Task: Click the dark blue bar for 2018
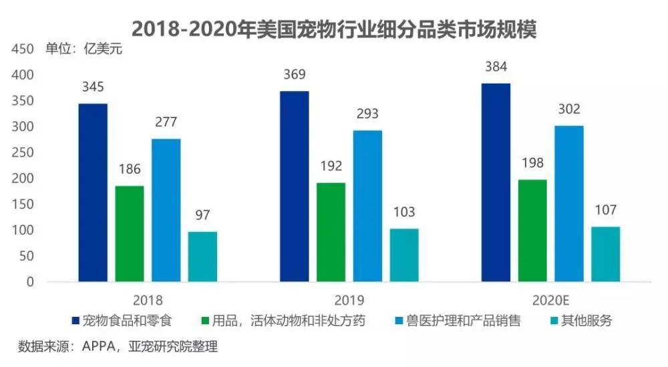tap(93, 193)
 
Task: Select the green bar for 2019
tap(331, 233)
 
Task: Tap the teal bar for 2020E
tap(605, 254)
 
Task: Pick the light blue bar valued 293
tap(367, 206)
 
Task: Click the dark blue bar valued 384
tap(496, 182)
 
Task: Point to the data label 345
tap(93, 87)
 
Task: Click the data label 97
tap(202, 215)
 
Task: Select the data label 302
tap(569, 109)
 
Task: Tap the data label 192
tap(331, 166)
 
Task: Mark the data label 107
tap(605, 210)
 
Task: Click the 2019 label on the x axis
tap(349, 301)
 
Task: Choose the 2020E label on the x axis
tap(550, 301)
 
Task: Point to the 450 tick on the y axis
tap(23, 49)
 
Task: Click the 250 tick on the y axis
tap(23, 152)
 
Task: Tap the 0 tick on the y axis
tap(30, 281)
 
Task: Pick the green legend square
tap(206, 321)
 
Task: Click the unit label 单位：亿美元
tap(84, 49)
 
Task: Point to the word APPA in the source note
tap(98, 346)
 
